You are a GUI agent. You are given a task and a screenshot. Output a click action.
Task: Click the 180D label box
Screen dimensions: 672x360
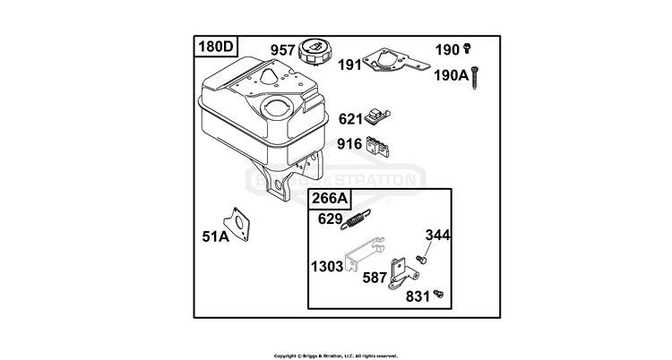click(217, 47)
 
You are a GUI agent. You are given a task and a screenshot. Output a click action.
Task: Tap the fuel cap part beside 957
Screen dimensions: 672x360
click(314, 52)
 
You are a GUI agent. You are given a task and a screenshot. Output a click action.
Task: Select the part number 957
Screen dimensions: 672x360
click(282, 50)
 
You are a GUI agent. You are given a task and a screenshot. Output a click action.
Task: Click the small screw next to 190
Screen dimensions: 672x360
click(467, 48)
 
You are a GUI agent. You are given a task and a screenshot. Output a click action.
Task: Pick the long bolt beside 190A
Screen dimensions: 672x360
click(474, 78)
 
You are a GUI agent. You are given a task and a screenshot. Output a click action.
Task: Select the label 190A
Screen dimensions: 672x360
click(452, 75)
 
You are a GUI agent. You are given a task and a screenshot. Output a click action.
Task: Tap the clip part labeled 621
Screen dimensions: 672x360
click(377, 116)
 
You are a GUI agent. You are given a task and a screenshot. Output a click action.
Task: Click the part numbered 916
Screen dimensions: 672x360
click(378, 146)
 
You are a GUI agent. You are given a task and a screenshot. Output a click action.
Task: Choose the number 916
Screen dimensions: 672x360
click(349, 144)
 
